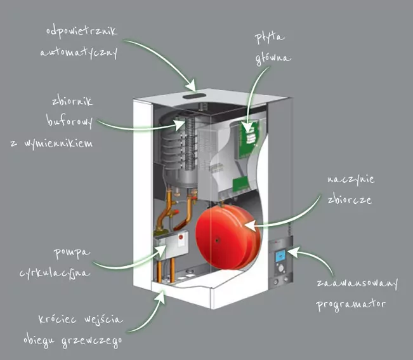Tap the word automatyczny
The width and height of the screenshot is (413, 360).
(79, 53)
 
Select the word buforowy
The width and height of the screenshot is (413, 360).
(70, 120)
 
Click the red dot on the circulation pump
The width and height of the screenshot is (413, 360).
(181, 239)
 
